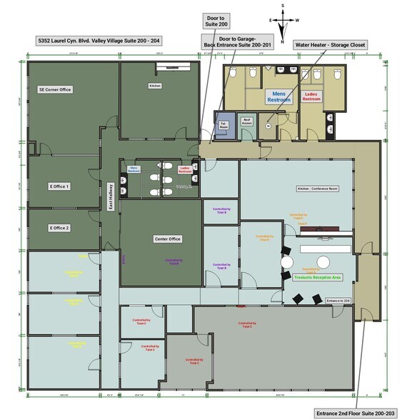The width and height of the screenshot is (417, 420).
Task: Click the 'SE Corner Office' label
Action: [55, 89]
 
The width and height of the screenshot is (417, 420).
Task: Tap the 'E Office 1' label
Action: [59, 186]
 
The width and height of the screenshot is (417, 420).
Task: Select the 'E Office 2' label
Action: [59, 228]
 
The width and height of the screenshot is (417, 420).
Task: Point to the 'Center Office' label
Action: [167, 239]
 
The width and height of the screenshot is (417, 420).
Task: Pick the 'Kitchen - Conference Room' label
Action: [317, 189]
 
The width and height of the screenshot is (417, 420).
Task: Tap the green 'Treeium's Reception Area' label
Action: [318, 277]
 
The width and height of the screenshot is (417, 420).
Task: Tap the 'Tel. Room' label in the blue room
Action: [223, 123]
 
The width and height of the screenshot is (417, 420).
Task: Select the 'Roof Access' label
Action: [247, 121]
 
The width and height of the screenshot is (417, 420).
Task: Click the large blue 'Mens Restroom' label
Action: [279, 96]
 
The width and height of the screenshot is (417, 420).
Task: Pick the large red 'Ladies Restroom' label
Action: [311, 96]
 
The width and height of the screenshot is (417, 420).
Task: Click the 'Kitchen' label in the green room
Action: [155, 85]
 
